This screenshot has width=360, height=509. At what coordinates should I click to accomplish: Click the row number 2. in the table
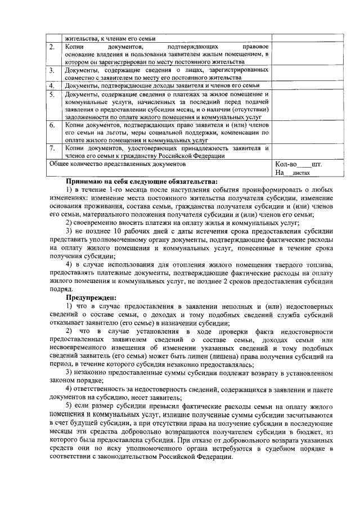[52, 46]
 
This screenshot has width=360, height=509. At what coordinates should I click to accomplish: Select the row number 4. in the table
[52, 85]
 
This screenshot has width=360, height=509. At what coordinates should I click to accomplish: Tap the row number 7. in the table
[52, 148]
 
